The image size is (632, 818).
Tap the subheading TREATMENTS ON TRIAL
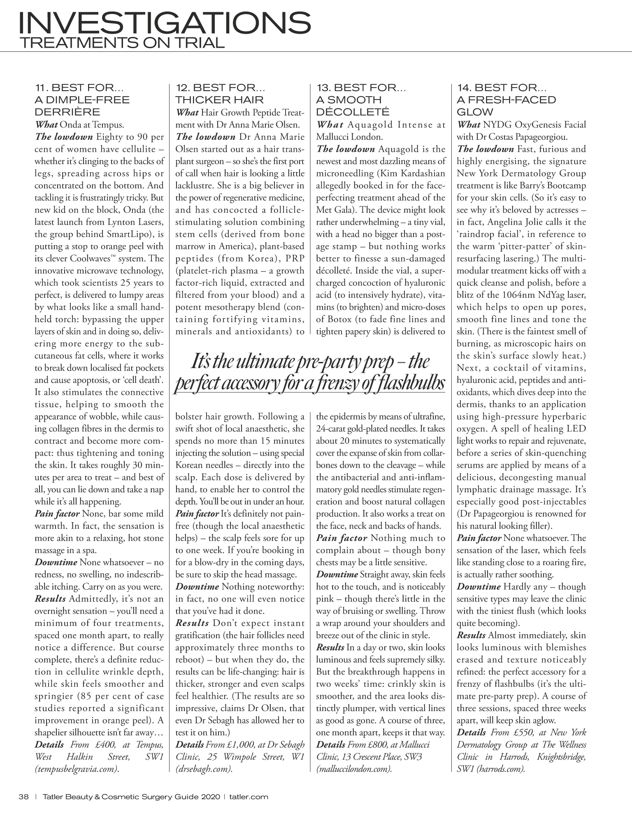pos(122,42)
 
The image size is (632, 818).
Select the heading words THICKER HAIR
pos(220,100)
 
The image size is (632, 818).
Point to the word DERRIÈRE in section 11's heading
pos(67,112)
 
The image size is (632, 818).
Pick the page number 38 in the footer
pos(23,797)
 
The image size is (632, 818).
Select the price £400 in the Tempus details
pos(96,744)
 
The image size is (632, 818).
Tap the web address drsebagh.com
pos(204,769)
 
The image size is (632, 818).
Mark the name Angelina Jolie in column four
pos(511,222)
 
